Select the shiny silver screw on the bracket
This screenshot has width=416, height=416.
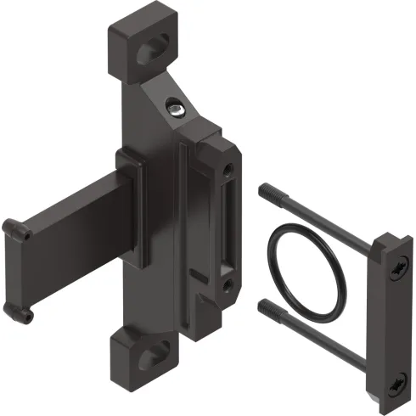click(x=175, y=108)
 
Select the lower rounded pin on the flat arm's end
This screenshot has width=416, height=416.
click(x=27, y=316)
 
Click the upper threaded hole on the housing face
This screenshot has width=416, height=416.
click(x=228, y=173)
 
